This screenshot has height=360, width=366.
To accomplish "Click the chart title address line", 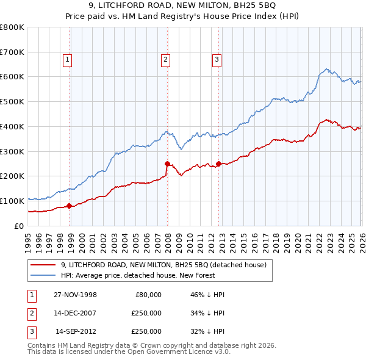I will pyautogui.click(x=182, y=6).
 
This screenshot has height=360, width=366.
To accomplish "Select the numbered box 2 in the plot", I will pyautogui.click(x=165, y=59).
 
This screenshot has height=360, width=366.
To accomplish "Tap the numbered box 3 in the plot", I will pyautogui.click(x=217, y=59).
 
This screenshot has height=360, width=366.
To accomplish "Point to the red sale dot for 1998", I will pyautogui.click(x=70, y=206).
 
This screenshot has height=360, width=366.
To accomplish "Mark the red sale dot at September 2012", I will pyautogui.click(x=218, y=164).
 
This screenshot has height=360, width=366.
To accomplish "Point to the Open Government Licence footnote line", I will pyautogui.click(x=129, y=352).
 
